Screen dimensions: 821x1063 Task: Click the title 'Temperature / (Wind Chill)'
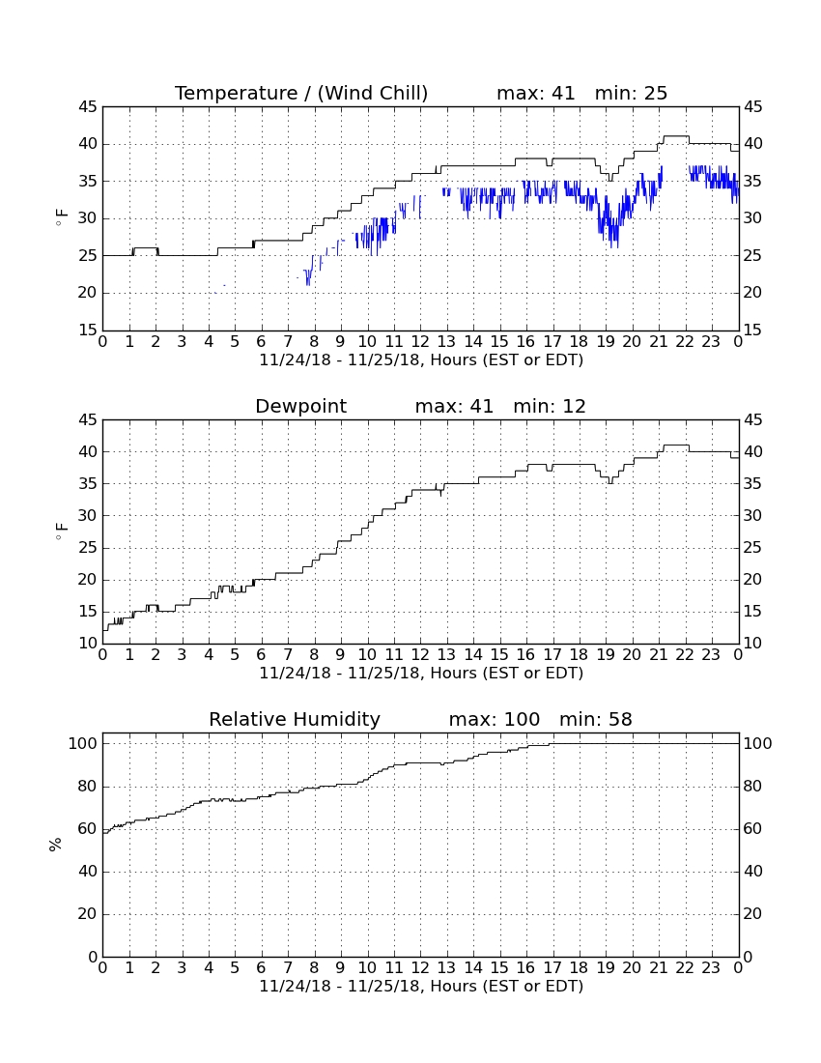click(301, 93)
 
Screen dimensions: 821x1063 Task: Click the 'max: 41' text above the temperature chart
click(536, 93)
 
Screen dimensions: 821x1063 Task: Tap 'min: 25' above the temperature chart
click(632, 93)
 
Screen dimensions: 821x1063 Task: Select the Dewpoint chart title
click(300, 406)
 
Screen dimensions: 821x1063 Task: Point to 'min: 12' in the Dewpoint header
click(550, 406)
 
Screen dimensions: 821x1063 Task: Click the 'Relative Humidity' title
click(295, 719)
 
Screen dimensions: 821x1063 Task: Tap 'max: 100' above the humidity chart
click(495, 719)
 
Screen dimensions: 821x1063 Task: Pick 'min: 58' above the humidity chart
click(596, 719)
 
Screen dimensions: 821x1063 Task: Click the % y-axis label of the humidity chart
click(56, 845)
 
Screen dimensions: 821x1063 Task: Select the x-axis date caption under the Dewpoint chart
click(421, 674)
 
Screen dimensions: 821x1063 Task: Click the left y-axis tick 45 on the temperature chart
click(88, 107)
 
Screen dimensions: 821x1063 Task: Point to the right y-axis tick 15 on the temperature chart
click(753, 330)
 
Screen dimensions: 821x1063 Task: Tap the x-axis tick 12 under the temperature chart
click(420, 342)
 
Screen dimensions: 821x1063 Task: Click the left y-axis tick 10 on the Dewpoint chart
click(88, 644)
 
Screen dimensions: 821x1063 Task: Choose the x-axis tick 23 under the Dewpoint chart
click(711, 655)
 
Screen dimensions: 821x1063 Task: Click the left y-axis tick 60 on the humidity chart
click(88, 828)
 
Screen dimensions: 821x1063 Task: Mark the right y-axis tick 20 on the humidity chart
click(753, 914)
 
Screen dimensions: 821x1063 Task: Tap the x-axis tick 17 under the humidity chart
click(552, 968)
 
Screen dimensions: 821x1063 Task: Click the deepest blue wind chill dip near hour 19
click(615, 246)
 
